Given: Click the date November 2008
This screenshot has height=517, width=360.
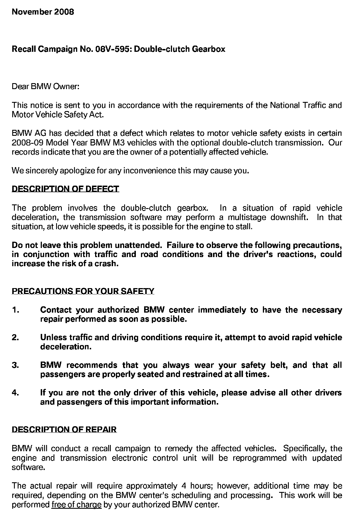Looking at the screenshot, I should point(43,12).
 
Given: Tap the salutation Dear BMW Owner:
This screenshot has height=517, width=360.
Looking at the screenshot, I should point(45,86).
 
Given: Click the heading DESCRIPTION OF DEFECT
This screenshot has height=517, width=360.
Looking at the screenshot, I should point(65,189).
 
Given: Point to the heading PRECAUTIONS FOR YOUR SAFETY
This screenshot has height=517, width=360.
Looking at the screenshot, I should point(83,291).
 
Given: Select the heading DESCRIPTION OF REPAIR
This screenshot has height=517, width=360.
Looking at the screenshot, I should point(64,430).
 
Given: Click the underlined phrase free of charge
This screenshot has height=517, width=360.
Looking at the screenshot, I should point(76,505).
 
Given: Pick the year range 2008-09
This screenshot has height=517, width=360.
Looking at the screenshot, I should point(27,142).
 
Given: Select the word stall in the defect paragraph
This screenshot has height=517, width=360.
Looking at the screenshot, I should point(244,227).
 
